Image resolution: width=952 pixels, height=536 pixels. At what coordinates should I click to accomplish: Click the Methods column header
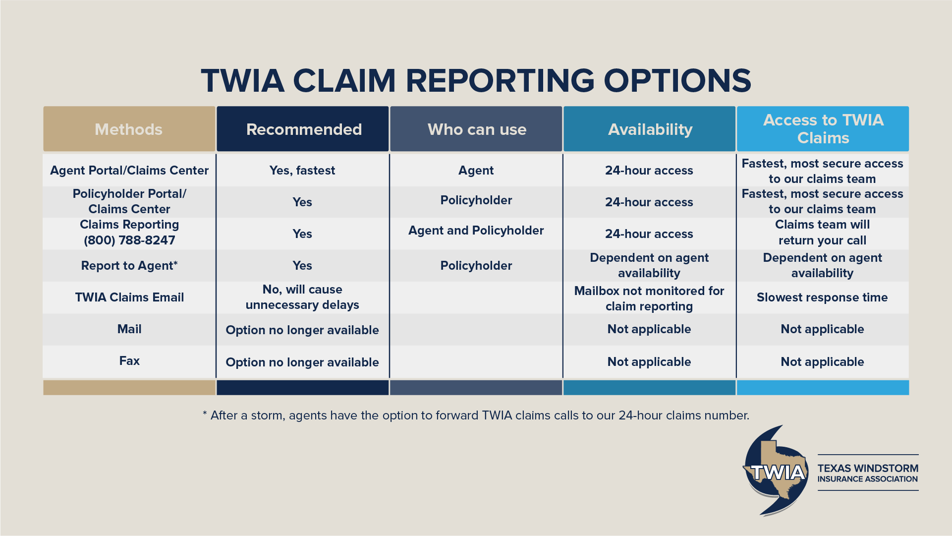(x=129, y=129)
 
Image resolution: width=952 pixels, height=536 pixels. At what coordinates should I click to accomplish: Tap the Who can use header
(x=476, y=129)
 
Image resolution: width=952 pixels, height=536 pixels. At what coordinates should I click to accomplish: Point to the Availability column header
(x=650, y=129)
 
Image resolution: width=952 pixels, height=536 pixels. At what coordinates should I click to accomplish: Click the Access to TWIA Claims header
(x=823, y=129)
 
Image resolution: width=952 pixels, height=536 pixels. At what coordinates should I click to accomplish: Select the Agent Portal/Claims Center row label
(x=129, y=171)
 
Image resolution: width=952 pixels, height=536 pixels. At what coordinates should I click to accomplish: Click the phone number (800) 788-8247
(x=129, y=240)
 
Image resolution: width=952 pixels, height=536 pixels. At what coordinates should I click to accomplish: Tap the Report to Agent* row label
(x=129, y=266)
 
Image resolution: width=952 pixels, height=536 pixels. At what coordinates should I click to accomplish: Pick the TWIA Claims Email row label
(x=129, y=298)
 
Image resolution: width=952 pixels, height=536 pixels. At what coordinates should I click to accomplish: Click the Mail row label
(x=129, y=329)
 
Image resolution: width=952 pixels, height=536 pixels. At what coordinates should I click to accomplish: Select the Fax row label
(x=129, y=361)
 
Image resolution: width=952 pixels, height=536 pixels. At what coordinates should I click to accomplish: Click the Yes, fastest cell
(x=302, y=171)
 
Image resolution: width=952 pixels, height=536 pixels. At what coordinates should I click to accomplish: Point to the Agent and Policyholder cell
(x=476, y=231)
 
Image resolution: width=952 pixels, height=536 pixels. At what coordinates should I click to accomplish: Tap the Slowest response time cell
(x=823, y=298)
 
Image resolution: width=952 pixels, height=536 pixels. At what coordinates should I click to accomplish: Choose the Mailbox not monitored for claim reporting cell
(x=649, y=298)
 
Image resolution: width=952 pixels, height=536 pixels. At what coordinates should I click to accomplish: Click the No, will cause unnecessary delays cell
(x=302, y=297)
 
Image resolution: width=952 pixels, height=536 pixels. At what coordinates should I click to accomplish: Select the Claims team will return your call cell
(x=823, y=233)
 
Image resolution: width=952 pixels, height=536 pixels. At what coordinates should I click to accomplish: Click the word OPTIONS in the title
(x=677, y=80)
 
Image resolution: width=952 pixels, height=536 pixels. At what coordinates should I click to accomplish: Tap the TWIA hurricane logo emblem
(x=776, y=471)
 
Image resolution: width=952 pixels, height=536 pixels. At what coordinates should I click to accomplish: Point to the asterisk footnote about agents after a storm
(x=476, y=416)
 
